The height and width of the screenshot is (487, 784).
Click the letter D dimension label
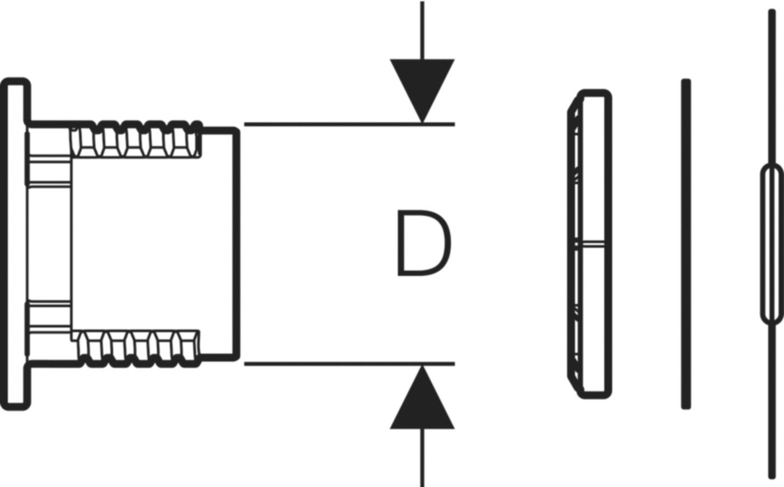pos(424,243)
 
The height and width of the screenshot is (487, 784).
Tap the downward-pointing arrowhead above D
pos(422,91)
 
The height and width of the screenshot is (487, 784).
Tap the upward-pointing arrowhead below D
pos(422,397)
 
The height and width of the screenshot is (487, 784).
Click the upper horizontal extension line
pos(349,124)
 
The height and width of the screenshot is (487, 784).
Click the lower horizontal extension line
pos(349,364)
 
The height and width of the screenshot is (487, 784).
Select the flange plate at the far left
pos(15,244)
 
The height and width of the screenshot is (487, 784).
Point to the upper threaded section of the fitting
pos(137,139)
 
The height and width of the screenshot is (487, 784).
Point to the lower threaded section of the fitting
pos(138,348)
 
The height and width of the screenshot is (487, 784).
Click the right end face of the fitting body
pos(236,244)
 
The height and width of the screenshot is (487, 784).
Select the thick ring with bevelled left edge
pos(590,244)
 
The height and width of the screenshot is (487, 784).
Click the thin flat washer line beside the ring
pos(686,244)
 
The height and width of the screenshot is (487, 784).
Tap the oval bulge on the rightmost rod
pos(772,245)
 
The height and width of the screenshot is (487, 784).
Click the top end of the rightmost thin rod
pos(772,11)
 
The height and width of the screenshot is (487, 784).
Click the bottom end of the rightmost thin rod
pos(772,476)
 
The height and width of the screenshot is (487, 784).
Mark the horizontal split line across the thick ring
pos(590,244)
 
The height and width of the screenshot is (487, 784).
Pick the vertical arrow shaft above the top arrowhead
pos(422,30)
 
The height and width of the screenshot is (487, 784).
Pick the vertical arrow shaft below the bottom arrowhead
pos(422,457)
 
